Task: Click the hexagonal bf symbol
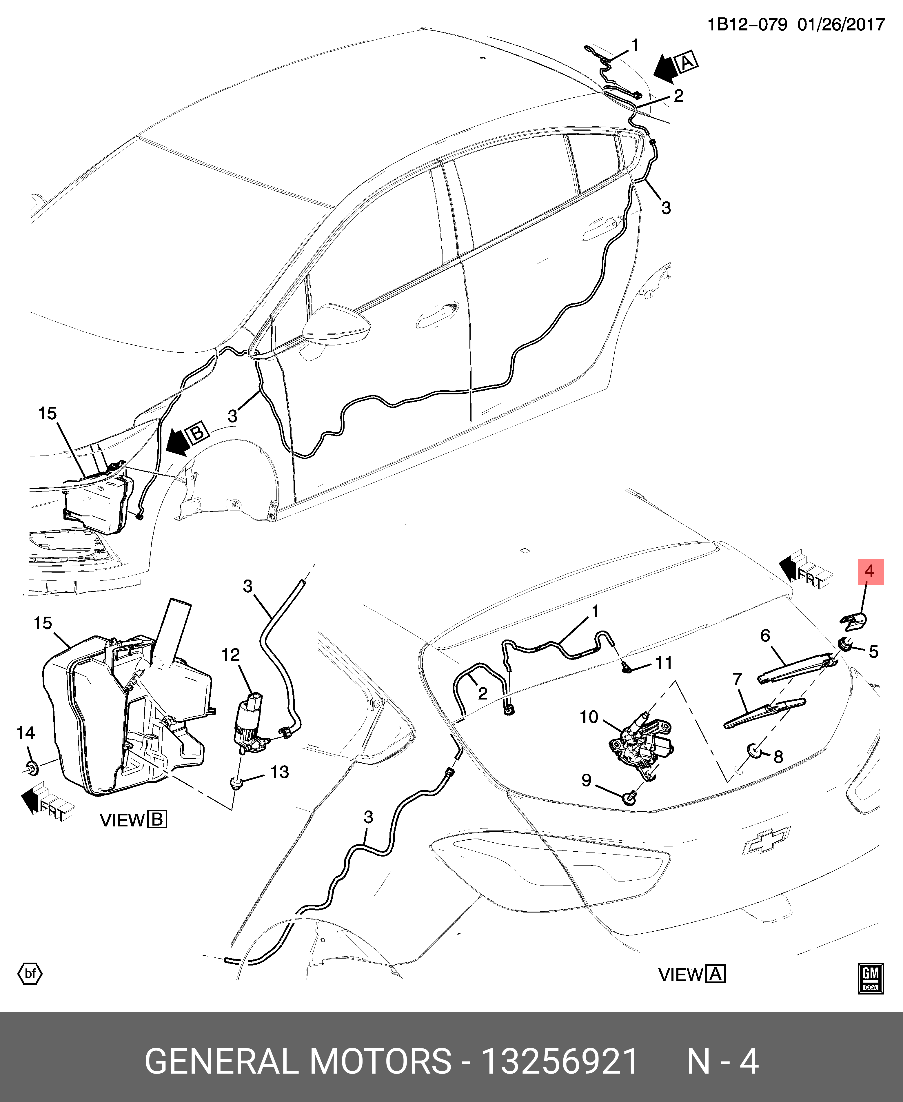[x=30, y=974]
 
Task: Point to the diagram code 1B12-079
[x=747, y=24]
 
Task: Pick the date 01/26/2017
[x=841, y=24]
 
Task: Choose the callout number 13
[x=280, y=772]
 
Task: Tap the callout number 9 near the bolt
[x=586, y=780]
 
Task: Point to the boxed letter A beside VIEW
[x=716, y=974]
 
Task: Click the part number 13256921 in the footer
[x=559, y=1061]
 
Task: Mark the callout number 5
[x=874, y=652]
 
